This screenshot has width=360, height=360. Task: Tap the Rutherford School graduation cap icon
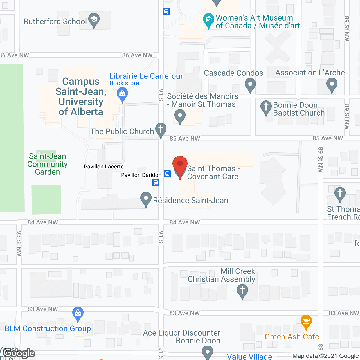click(x=94, y=20)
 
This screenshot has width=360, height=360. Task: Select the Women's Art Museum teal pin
click(x=209, y=20)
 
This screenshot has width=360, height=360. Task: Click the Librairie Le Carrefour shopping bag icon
click(x=122, y=94)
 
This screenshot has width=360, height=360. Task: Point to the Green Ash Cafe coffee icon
click(x=306, y=321)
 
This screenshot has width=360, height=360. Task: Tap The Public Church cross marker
click(x=161, y=130)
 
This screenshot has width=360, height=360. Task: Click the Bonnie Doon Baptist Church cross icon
click(x=266, y=107)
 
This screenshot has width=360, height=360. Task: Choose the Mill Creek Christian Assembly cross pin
click(x=242, y=291)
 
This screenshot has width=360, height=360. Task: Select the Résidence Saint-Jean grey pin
click(x=146, y=199)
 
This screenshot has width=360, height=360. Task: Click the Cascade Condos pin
click(x=250, y=84)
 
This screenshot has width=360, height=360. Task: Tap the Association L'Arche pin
click(x=332, y=84)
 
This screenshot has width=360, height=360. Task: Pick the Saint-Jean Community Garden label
click(x=48, y=164)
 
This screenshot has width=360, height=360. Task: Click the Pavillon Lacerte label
click(x=103, y=166)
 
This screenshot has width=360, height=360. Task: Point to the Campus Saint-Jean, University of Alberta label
click(x=81, y=96)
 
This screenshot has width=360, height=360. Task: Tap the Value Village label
click(x=249, y=357)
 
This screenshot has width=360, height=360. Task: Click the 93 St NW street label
click(x=19, y=243)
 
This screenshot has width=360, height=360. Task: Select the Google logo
click(x=19, y=353)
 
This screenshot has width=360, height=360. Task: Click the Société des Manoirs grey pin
click(x=180, y=116)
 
